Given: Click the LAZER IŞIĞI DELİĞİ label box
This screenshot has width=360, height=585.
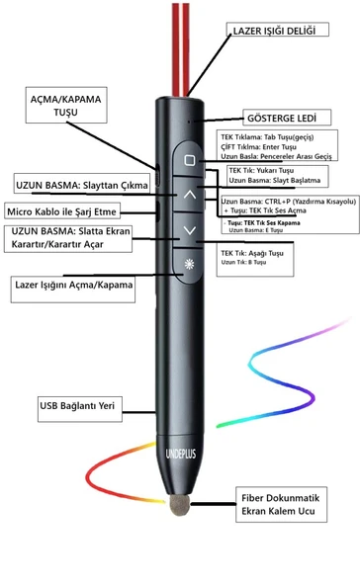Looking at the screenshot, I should coord(274,31).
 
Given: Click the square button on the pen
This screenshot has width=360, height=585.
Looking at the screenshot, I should coord(190,159).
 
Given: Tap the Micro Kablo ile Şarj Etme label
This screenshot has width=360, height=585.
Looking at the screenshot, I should coord(63,210).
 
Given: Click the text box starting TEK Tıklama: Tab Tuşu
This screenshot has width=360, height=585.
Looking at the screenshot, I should coord(277,144).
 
